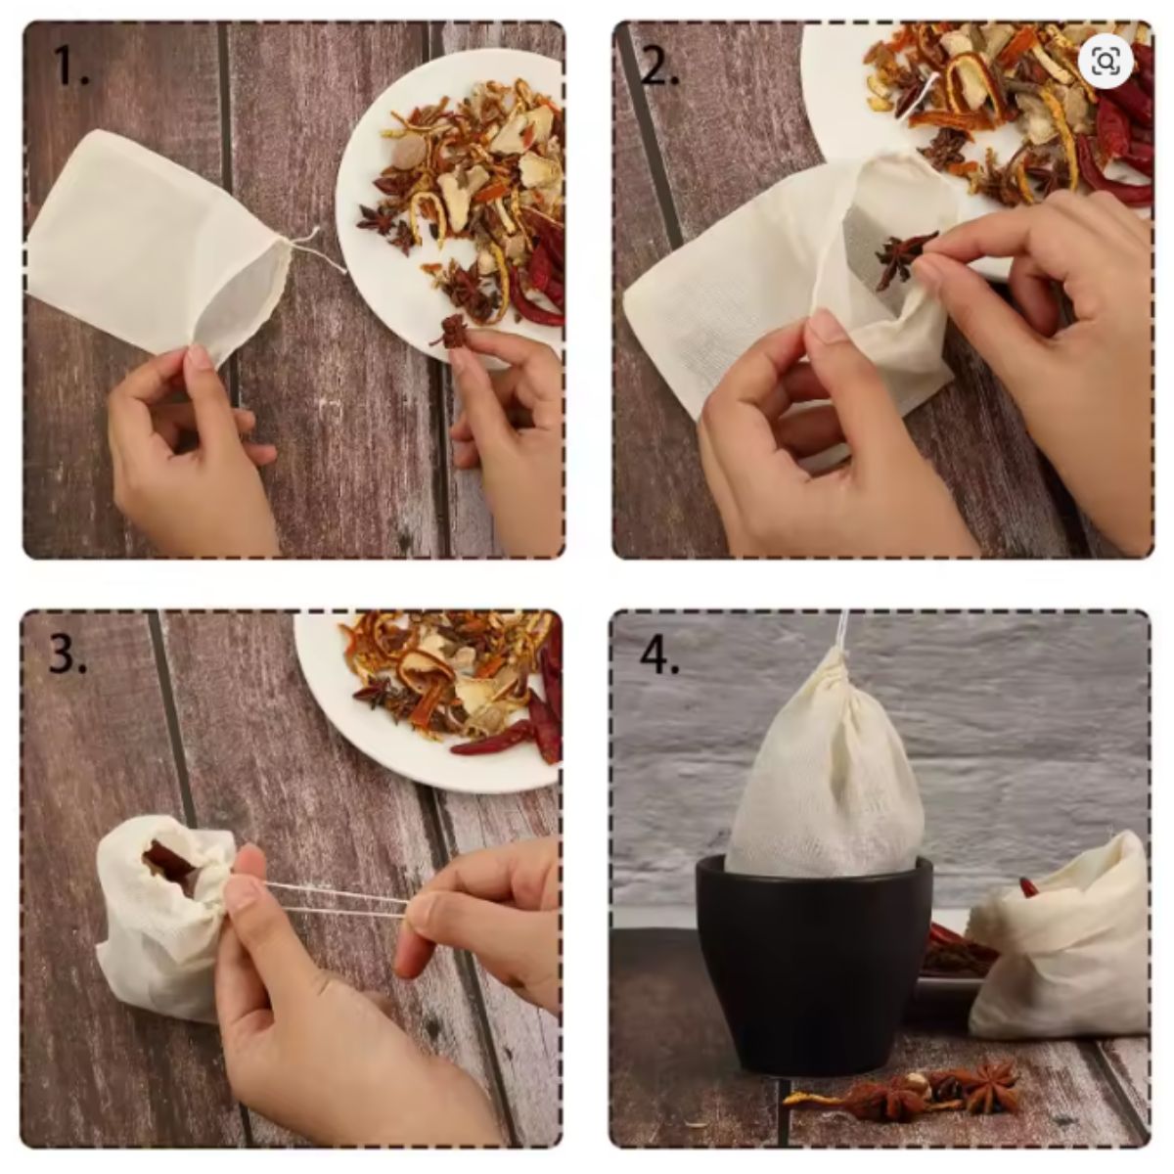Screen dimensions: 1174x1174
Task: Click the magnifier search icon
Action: coord(1106,61)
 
